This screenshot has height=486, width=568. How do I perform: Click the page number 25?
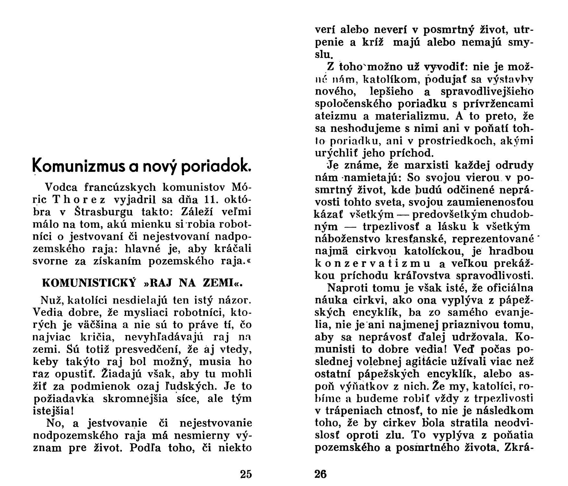point(246,474)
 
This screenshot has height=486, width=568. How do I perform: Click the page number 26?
point(321,474)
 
